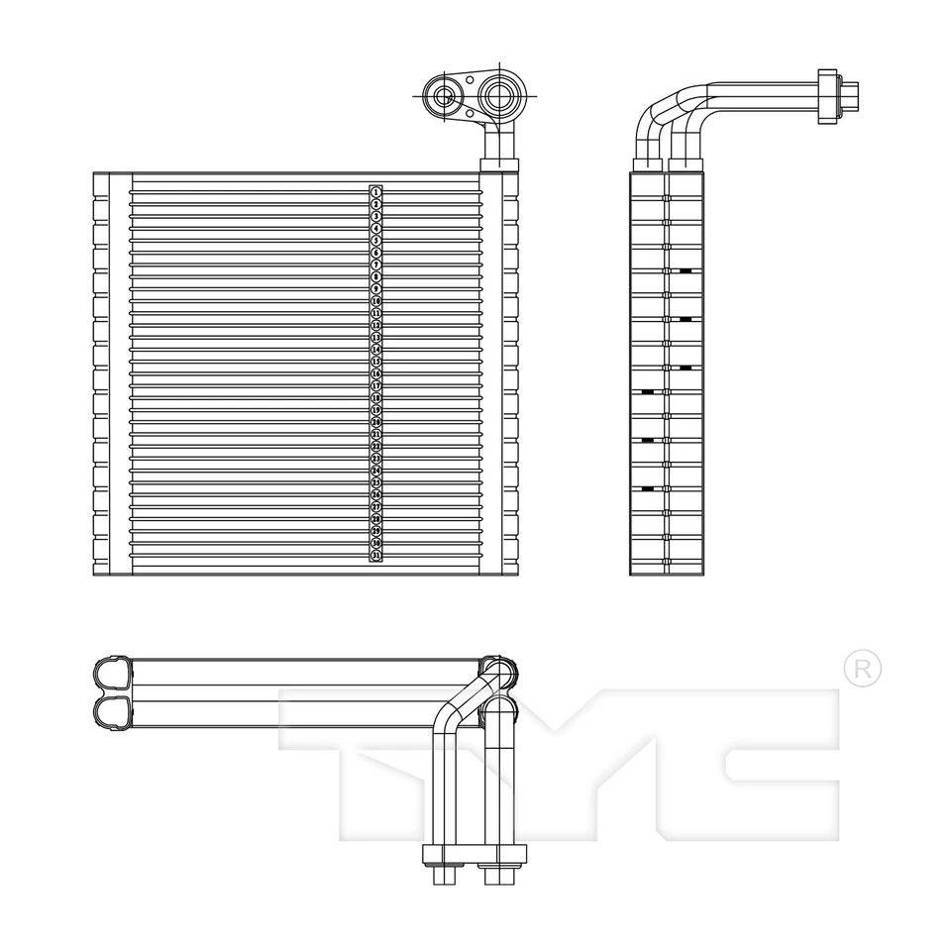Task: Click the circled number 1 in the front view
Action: pos(376,191)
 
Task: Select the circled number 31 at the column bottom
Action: pos(376,556)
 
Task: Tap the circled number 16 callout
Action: pos(376,373)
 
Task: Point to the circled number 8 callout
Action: pos(376,276)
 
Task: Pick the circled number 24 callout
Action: pos(376,471)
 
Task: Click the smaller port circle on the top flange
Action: pos(443,96)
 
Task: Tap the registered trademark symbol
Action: pos(862,669)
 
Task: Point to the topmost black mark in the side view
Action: pos(686,270)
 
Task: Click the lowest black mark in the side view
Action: pos(648,488)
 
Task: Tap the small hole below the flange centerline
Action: pos(471,113)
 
